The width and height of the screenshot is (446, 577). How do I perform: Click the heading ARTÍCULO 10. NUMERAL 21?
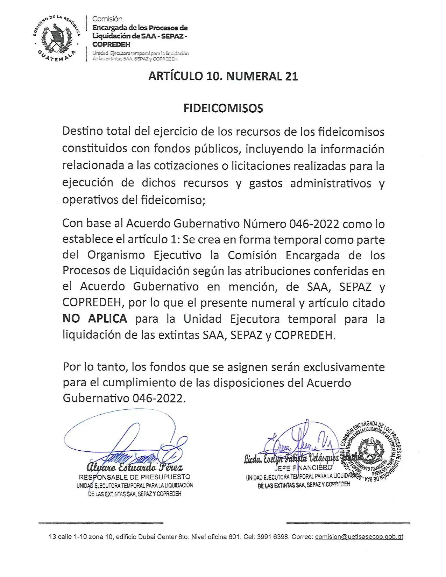click(x=223, y=76)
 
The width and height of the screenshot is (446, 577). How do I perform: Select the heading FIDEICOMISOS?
click(x=223, y=108)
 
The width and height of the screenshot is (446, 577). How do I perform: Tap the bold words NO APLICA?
click(x=95, y=319)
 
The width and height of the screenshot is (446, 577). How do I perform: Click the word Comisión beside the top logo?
click(x=107, y=19)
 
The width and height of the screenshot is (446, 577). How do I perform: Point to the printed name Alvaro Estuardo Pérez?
click(x=135, y=467)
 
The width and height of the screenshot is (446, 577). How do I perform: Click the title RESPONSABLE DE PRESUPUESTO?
click(x=135, y=477)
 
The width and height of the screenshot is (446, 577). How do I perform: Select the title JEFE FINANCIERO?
click(x=303, y=468)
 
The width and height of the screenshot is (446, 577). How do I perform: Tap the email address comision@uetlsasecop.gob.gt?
click(x=359, y=537)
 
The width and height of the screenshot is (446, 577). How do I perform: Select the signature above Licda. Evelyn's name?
click(x=297, y=441)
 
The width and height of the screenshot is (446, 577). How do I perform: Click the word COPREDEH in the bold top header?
click(x=111, y=44)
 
